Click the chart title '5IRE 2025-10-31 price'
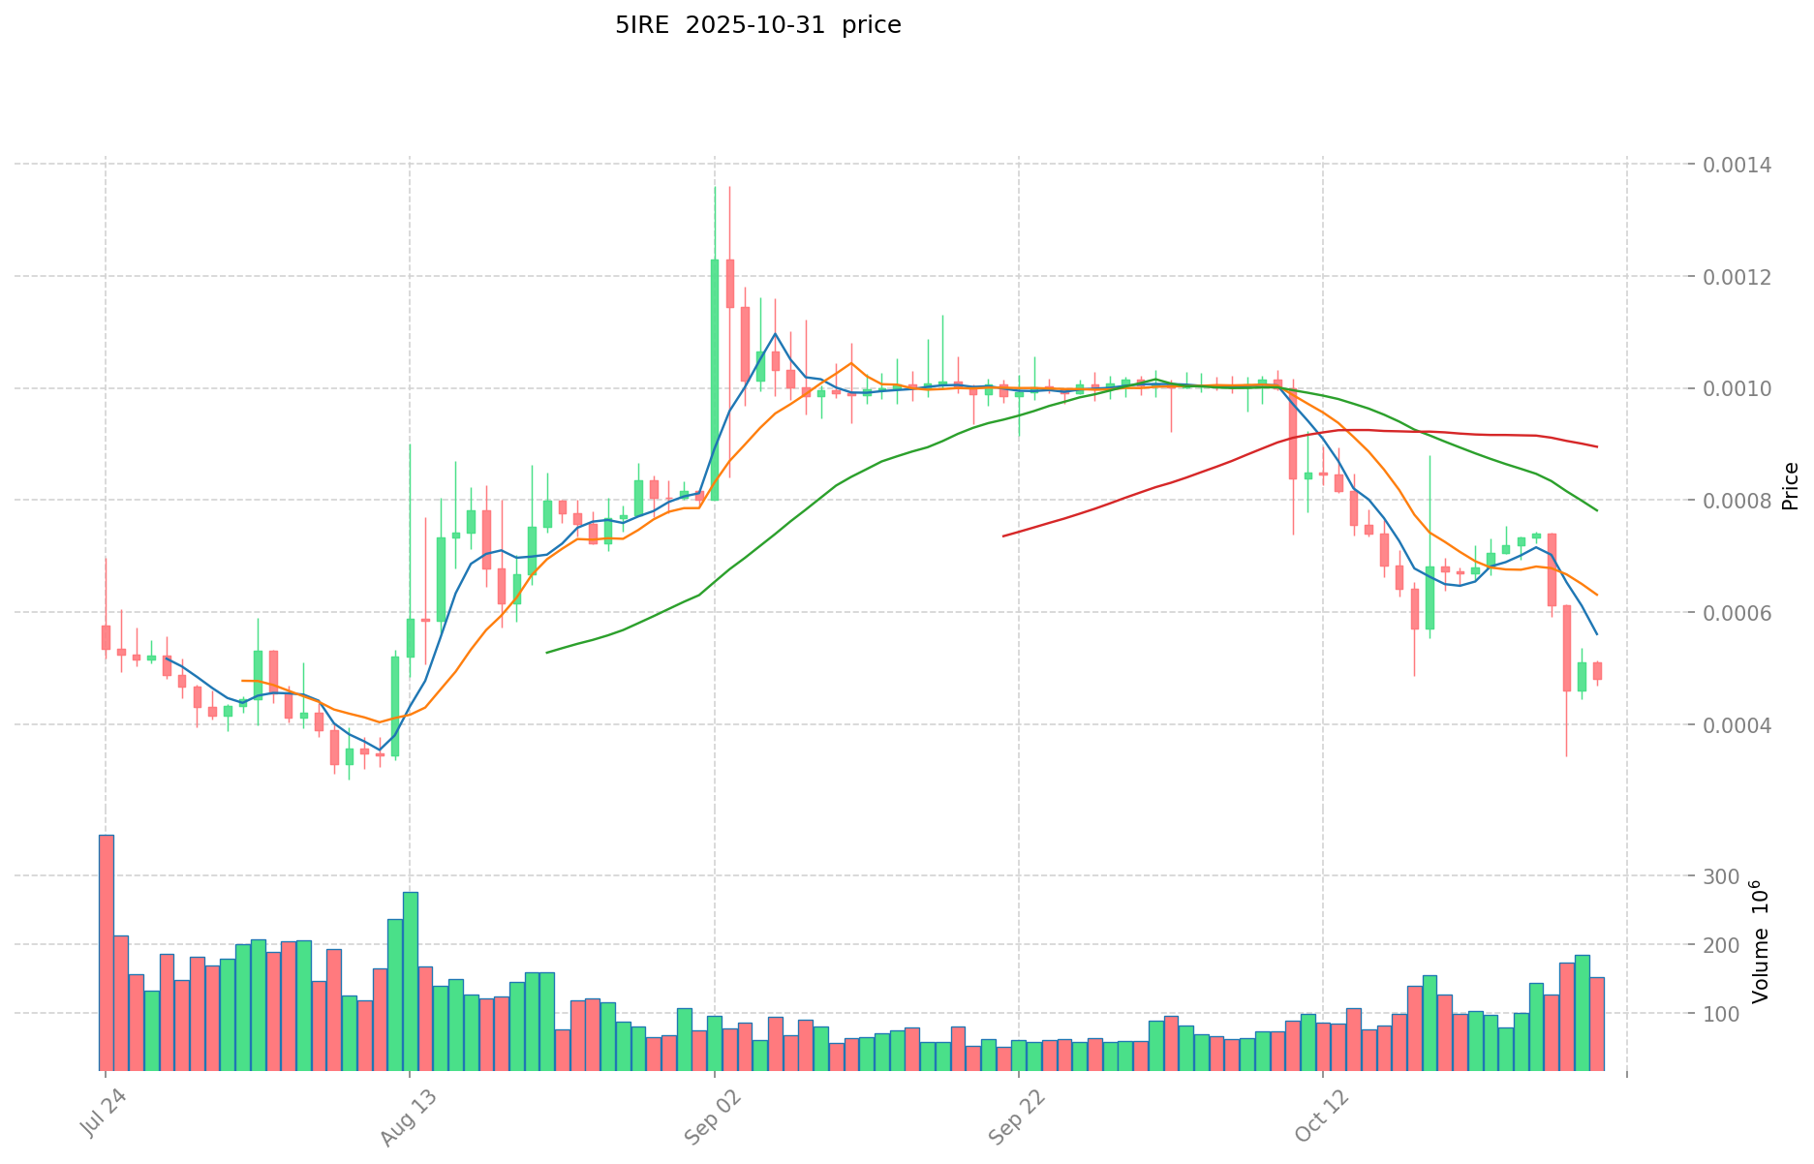(x=757, y=25)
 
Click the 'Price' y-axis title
(x=1790, y=485)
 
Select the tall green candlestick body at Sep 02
(x=715, y=380)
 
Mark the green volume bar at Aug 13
(x=411, y=981)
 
